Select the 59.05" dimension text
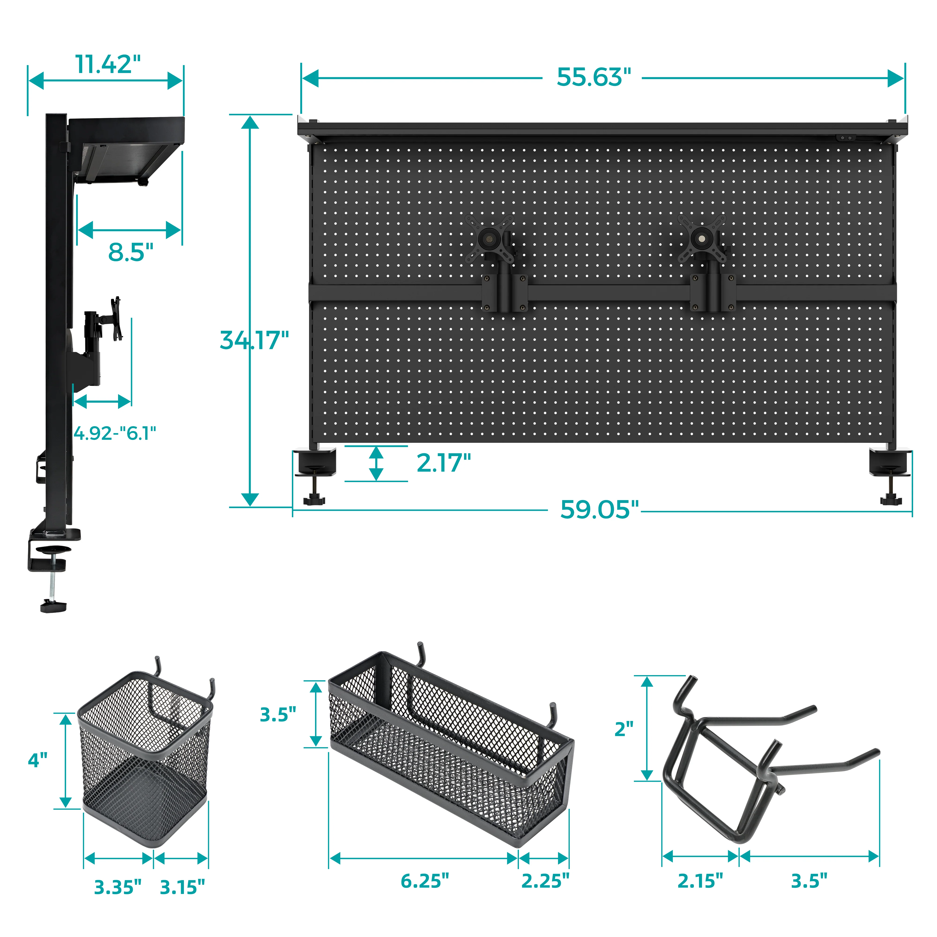tap(599, 510)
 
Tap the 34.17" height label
tap(254, 340)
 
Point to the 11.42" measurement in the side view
tap(108, 64)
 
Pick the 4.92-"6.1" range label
tap(115, 433)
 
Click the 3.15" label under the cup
tap(182, 888)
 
